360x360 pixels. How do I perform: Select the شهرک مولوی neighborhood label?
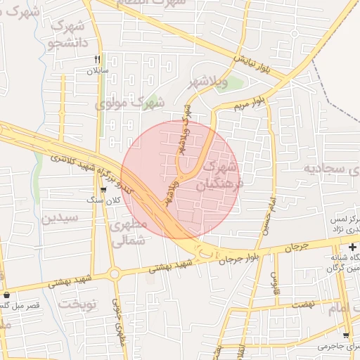point(129,103)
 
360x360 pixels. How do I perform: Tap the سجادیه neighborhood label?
point(331,169)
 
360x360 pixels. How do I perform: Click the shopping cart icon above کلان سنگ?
point(104,190)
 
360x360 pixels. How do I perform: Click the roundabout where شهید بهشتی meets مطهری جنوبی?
point(112,274)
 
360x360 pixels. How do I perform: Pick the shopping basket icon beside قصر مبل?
point(7,295)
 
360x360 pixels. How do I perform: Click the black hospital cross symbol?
point(352,247)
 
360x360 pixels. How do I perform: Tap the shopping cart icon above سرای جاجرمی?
point(345,335)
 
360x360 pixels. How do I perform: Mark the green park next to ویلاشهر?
point(233,85)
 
